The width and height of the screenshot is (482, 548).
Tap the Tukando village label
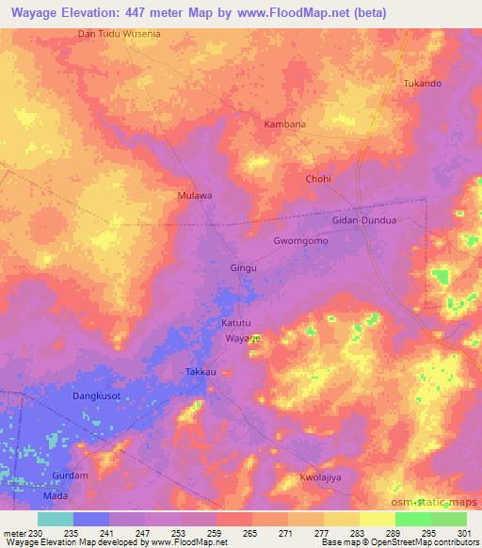coord(422,83)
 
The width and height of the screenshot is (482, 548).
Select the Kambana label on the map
coord(284,124)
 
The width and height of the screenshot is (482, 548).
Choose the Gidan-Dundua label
coord(365,219)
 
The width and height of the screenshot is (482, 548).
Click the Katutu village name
coord(236,322)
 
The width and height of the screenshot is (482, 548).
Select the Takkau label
coord(201,373)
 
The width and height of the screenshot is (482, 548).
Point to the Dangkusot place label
coord(97,396)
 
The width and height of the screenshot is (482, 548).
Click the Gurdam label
coord(71,475)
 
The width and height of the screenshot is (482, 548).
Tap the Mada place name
coord(56,494)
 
